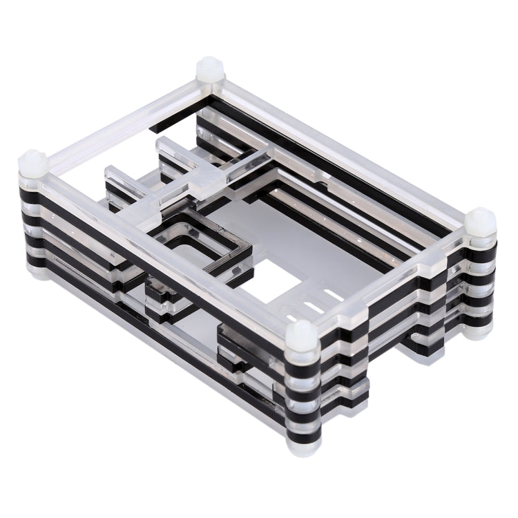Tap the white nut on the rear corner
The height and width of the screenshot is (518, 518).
tap(209, 69)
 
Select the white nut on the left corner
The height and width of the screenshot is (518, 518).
tap(32, 163)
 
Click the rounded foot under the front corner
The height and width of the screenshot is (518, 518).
tap(302, 448)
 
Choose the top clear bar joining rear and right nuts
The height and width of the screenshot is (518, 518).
tap(345, 145)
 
